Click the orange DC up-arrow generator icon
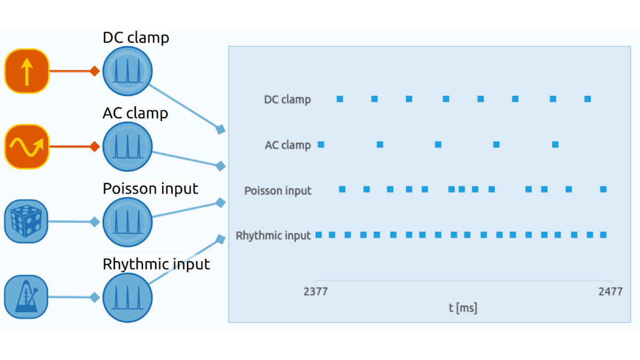point(27,71)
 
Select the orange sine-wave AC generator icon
point(27,147)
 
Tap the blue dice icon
point(26,221)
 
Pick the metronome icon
point(26,297)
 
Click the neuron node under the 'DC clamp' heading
point(127,71)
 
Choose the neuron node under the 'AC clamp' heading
point(127,147)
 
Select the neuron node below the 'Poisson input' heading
point(127,222)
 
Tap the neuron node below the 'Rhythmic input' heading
point(127,298)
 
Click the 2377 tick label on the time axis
point(315,292)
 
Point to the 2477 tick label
point(611,292)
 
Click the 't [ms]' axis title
point(463,308)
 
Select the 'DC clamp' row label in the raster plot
point(287,99)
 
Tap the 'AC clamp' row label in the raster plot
point(287,145)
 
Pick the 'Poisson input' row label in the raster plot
point(278,190)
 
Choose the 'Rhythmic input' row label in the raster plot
point(273,236)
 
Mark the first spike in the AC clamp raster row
point(321,145)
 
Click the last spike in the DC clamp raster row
point(587,99)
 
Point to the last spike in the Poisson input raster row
point(603,189)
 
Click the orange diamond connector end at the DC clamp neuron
point(94,71)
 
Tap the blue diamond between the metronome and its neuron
point(94,298)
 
